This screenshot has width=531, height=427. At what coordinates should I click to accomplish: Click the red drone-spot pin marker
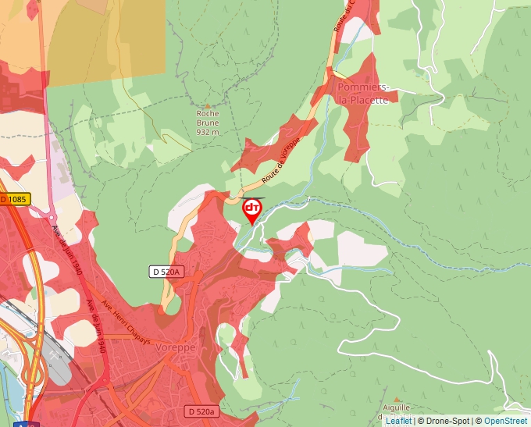(252, 209)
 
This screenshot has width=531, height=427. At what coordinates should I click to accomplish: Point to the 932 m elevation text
(208, 132)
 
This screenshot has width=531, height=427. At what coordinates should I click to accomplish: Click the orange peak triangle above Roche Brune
(208, 105)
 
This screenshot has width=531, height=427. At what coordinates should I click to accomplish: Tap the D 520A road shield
(166, 272)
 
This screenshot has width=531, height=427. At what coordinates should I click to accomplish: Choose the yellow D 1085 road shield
(14, 199)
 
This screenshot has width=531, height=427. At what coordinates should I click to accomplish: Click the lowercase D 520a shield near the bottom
(201, 411)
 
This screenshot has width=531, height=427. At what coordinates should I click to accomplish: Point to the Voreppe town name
(175, 347)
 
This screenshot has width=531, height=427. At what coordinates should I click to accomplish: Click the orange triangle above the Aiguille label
(404, 397)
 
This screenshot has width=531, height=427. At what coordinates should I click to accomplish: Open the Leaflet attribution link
(398, 421)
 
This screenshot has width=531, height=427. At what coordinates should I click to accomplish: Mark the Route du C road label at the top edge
(344, 16)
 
